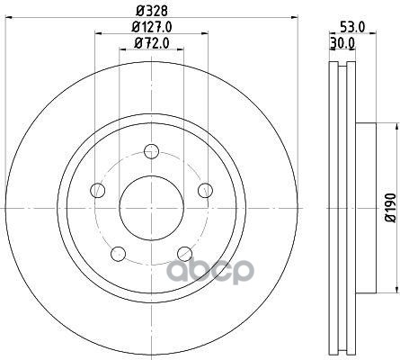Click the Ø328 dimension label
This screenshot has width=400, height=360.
152,11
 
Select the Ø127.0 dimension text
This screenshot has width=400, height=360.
152,28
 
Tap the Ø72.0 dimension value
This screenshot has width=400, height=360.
152,43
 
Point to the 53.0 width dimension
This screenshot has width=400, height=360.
352,28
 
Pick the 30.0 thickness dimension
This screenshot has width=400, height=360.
342,43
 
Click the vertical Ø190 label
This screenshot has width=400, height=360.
390,208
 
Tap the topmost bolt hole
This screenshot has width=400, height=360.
151,151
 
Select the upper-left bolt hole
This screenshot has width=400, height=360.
98,190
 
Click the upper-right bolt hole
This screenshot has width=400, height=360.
206,190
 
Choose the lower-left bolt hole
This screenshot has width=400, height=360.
118,254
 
